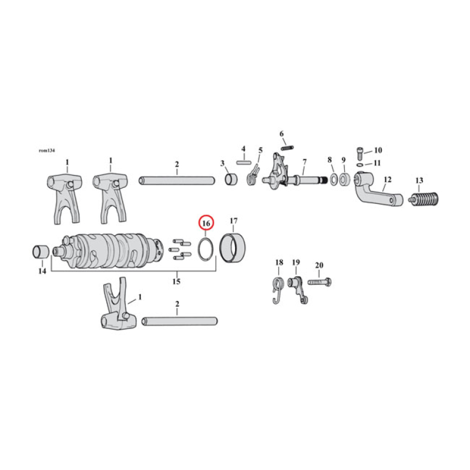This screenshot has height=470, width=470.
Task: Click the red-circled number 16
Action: (x=206, y=223)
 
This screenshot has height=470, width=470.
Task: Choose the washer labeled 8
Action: (x=333, y=178)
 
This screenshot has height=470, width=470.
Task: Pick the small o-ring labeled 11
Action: (x=360, y=164)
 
